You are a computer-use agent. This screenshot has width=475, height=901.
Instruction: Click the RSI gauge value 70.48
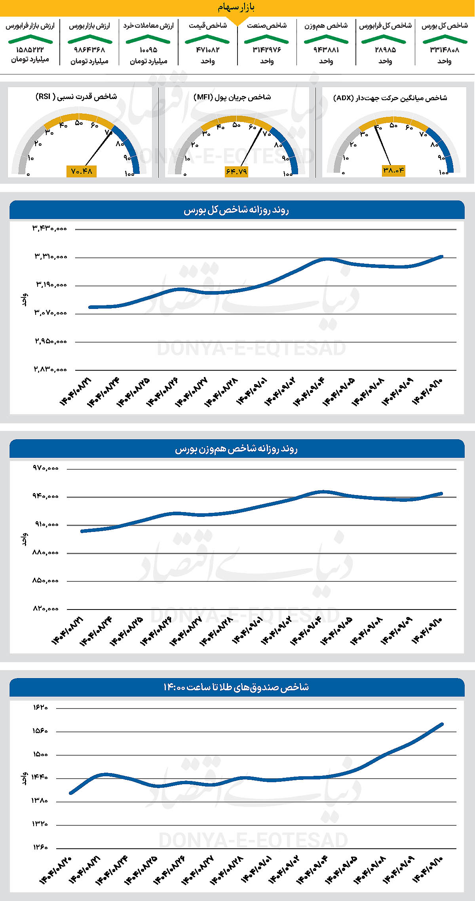tap(82, 171)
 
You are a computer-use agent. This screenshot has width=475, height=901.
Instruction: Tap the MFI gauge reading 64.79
tap(236, 171)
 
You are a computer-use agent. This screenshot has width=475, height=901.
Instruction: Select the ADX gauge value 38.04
tap(393, 170)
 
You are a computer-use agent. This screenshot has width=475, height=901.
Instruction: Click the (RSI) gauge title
tap(76, 97)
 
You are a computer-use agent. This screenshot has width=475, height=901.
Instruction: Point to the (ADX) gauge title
tap(390, 98)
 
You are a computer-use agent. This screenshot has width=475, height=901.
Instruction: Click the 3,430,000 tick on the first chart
tap(50, 229)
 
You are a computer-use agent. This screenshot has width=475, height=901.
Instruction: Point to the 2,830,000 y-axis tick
tap(50, 369)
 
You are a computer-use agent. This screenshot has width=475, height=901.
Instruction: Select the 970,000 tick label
tap(46, 468)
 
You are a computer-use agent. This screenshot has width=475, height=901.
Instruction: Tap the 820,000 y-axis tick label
tap(46, 609)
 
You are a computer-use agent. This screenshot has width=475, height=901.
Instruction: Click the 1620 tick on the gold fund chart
tap(40, 707)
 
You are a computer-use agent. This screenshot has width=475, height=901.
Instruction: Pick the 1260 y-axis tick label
tap(40, 847)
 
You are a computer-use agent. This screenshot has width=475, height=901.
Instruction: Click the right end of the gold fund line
tap(442, 724)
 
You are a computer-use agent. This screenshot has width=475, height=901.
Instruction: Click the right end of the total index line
tap(442, 257)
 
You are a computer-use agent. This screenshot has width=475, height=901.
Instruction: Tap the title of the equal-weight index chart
tap(236, 449)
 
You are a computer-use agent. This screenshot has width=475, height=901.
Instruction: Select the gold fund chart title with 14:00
tap(236, 687)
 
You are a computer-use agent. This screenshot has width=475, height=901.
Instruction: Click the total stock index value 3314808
tap(445, 50)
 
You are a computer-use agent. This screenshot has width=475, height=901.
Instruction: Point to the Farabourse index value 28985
tap(385, 50)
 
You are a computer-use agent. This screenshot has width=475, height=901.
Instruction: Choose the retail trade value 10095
tap(148, 50)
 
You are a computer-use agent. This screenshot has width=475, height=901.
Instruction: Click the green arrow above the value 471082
tap(207, 39)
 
